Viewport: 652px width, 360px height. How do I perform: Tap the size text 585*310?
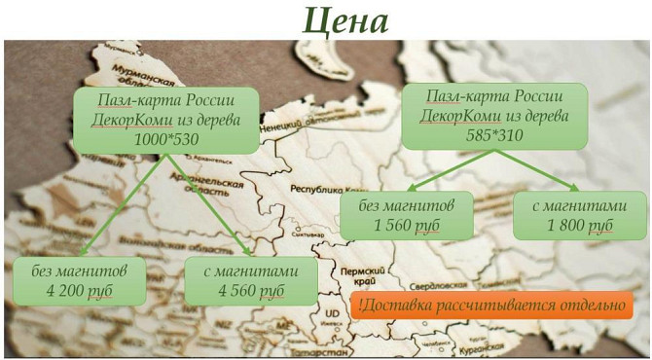coord(495,135)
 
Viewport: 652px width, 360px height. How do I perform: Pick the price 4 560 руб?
coord(250,290)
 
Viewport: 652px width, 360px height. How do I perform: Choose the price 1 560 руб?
coord(406,225)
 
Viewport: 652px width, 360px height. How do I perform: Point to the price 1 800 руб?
coord(579,225)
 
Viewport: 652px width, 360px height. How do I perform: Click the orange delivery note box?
coord(491,305)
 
